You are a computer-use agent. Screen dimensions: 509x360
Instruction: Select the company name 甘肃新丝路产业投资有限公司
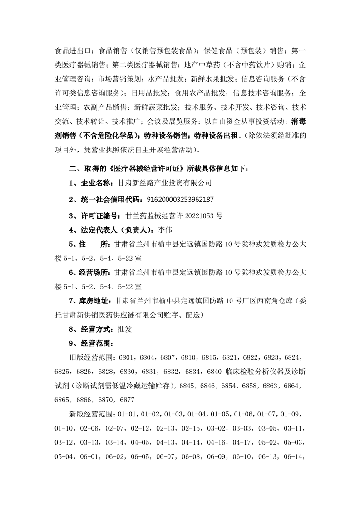click(165, 183)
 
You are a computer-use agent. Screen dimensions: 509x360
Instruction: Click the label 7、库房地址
click(88, 300)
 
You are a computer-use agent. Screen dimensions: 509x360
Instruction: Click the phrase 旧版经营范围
click(90, 358)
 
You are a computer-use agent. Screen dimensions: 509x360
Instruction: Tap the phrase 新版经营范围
click(90, 415)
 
